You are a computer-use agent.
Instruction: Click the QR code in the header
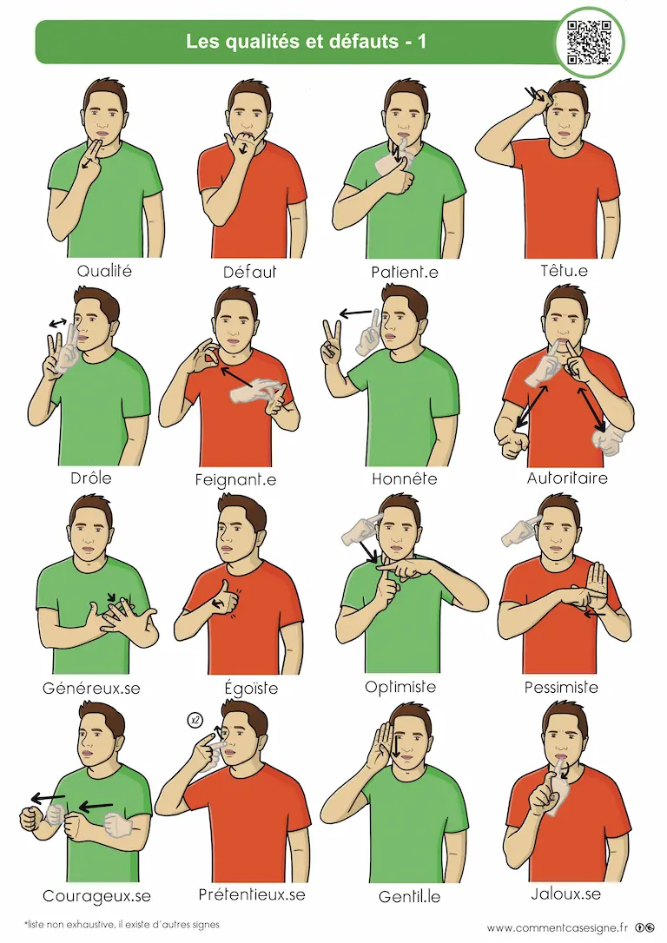click(590, 42)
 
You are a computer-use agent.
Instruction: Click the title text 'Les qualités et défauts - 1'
click(306, 41)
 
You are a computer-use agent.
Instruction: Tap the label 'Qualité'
click(104, 271)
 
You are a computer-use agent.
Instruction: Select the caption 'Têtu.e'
click(564, 271)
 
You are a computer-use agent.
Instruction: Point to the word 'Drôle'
click(91, 478)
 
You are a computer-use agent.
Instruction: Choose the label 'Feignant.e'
click(235, 480)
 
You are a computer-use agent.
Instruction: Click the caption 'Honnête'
click(404, 478)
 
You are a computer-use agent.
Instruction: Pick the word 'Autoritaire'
click(567, 478)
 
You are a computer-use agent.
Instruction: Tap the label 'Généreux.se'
click(91, 688)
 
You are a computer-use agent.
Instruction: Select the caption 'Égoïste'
click(251, 687)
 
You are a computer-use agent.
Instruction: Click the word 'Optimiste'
click(400, 687)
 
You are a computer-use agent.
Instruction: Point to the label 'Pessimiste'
click(561, 687)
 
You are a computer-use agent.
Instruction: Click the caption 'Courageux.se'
click(96, 896)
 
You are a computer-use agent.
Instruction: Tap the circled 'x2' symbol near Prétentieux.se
click(195, 720)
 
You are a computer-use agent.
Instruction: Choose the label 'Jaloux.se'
click(566, 894)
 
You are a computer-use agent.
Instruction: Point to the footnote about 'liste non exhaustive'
click(122, 925)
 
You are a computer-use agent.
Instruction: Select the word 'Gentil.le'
click(410, 897)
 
